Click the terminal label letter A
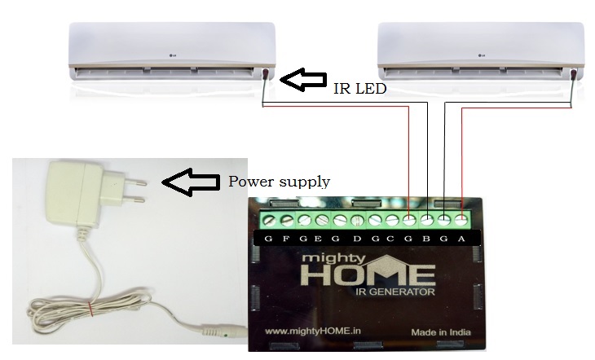pos(462,239)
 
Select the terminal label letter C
pos(392,239)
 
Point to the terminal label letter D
pos(357,239)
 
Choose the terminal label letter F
pos(285,239)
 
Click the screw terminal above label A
pos(462,219)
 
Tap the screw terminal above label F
pos(286,219)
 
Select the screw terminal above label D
pos(357,219)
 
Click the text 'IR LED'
pos(359,89)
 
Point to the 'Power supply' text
pos(279,182)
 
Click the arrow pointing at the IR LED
pos(302,79)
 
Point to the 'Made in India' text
pos(440,332)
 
